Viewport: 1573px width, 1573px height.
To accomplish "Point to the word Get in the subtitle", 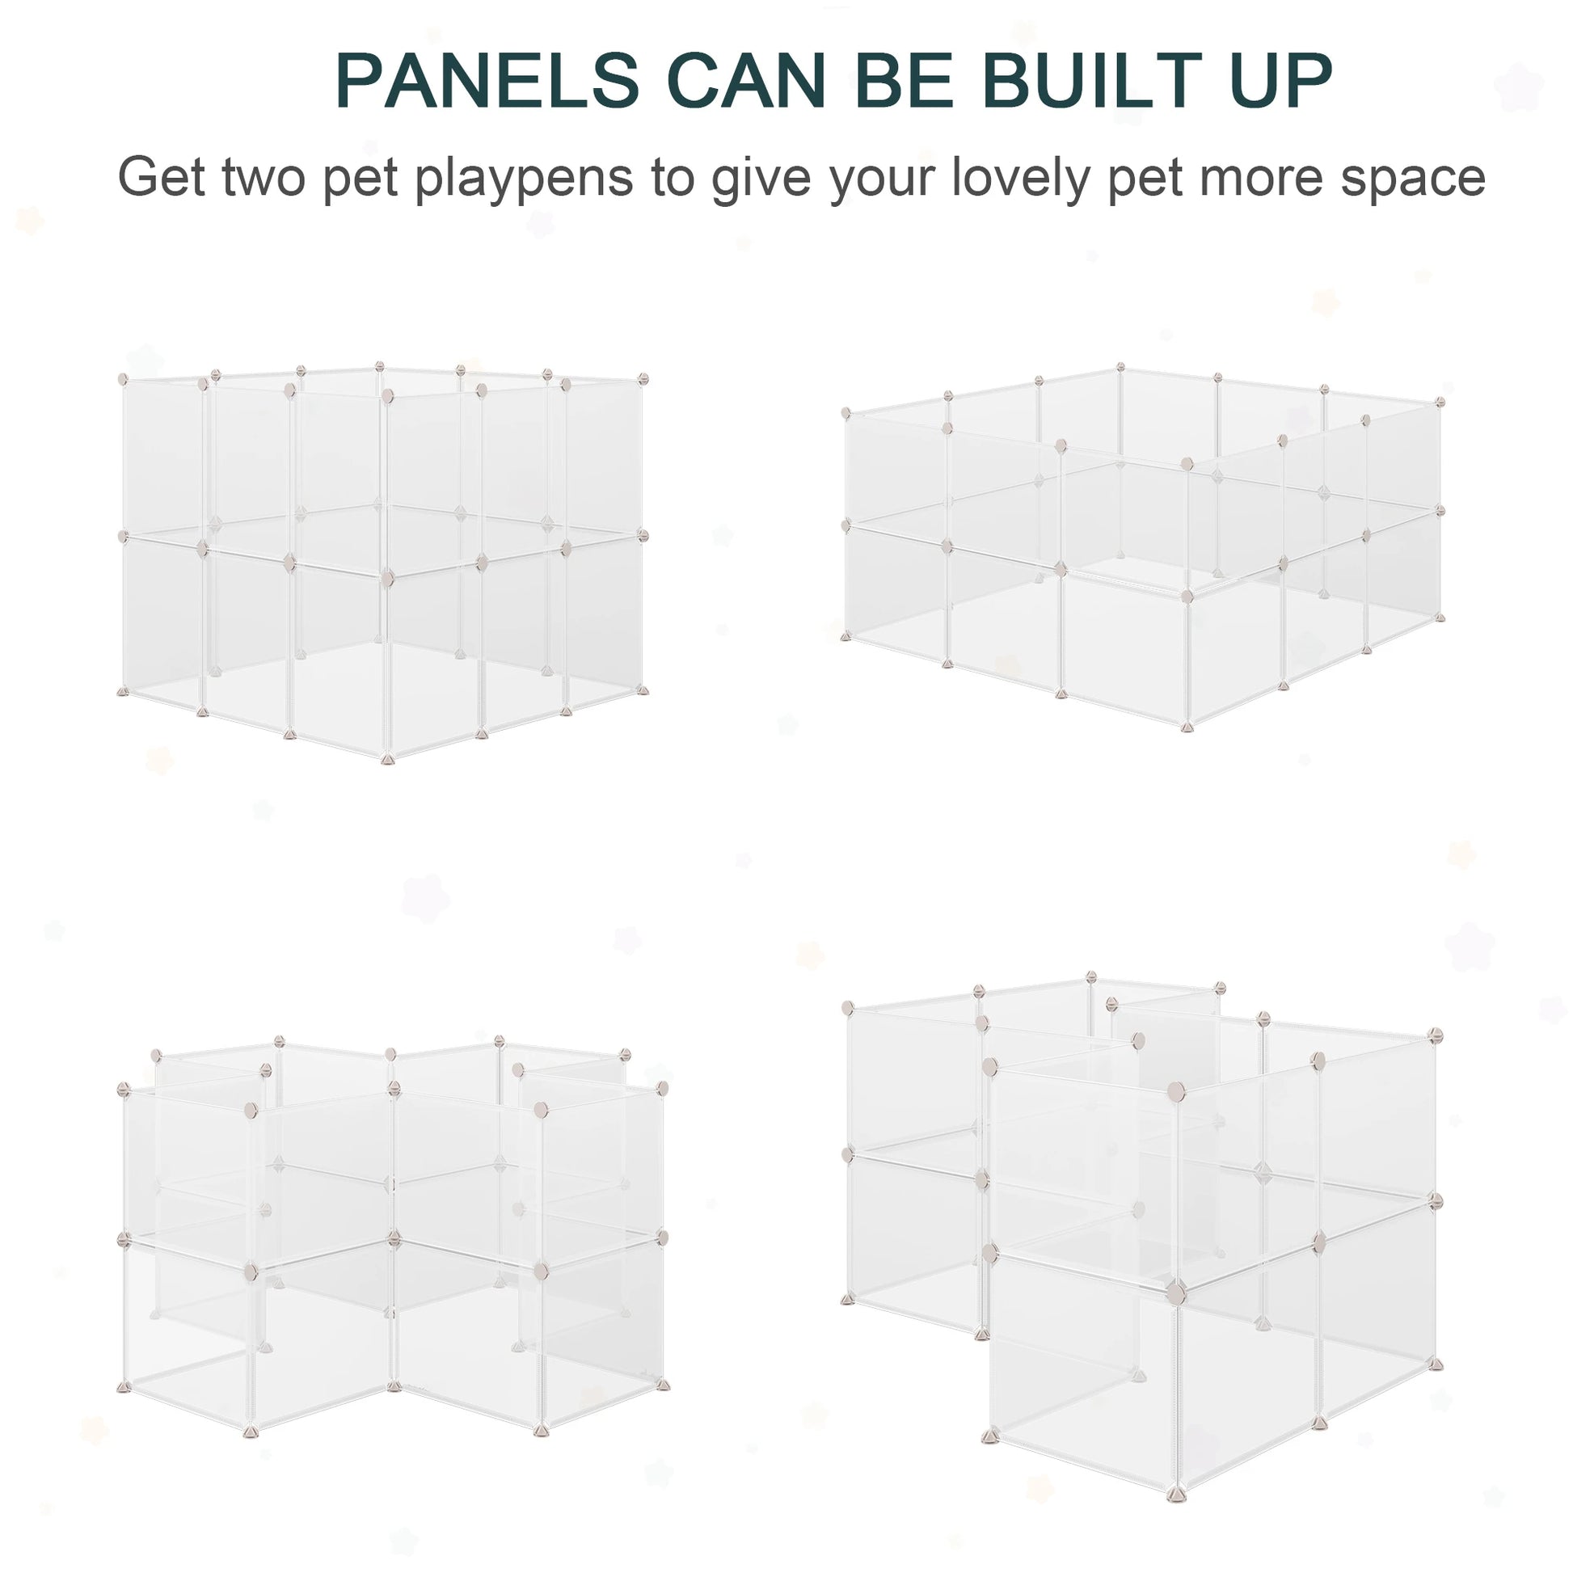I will point(161,177).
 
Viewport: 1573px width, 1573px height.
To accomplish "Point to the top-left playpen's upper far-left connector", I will point(123,378).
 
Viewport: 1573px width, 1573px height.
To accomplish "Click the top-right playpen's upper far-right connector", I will point(1440,402).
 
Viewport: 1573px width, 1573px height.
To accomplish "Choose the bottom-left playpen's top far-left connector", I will point(124,1089).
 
